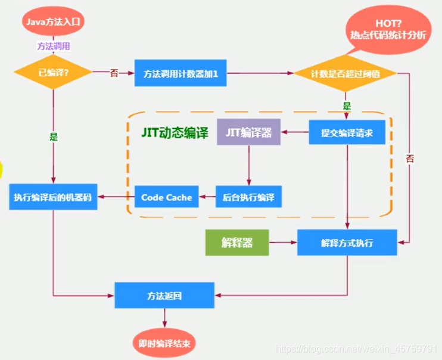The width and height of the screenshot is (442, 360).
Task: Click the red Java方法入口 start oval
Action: click(53, 23)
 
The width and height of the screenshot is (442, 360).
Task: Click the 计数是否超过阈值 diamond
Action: click(345, 73)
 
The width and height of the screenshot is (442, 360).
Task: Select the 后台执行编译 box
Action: click(248, 197)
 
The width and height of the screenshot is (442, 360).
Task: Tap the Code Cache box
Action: click(166, 197)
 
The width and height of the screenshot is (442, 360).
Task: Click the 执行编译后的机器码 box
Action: click(53, 197)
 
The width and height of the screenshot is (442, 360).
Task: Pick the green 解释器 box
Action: click(236, 243)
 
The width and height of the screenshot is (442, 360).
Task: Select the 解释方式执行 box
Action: click(347, 243)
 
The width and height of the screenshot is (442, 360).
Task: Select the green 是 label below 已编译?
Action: click(54, 136)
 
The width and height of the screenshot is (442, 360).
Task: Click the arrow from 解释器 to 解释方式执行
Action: click(282, 243)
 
